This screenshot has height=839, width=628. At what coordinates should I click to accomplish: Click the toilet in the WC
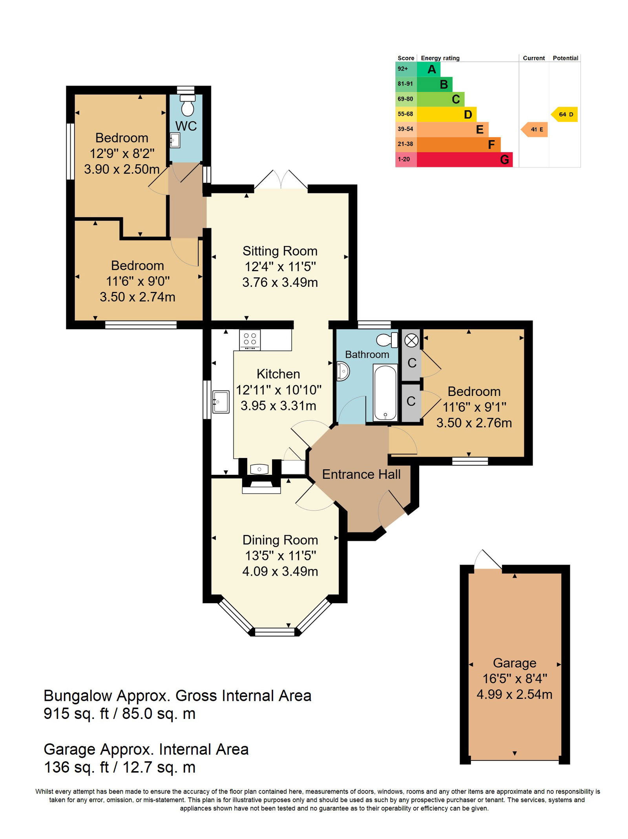187,105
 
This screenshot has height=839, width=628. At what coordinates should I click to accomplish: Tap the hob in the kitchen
250,340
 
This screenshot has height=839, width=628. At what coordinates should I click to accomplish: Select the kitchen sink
221,401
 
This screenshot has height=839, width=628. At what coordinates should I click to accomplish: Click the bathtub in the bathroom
385,392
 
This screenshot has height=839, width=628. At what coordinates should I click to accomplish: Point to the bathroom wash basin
343,371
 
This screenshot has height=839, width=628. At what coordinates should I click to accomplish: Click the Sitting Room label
280,251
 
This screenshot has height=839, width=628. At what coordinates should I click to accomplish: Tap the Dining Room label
280,540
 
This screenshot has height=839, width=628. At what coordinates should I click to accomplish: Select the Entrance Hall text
361,474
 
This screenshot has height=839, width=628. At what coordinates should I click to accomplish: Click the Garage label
515,663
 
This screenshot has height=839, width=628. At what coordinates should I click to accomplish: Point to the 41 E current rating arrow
534,129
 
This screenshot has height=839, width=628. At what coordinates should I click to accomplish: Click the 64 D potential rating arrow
564,114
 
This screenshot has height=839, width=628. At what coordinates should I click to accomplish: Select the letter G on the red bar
504,160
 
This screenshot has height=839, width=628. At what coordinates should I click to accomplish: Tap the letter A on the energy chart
432,69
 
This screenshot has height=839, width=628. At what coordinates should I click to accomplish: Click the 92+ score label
403,69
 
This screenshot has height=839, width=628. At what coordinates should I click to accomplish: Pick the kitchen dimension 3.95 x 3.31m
278,405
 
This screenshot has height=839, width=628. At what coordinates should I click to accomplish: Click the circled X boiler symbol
411,340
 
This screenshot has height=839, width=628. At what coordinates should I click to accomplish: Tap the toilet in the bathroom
387,340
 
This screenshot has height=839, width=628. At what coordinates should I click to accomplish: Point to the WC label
186,126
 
